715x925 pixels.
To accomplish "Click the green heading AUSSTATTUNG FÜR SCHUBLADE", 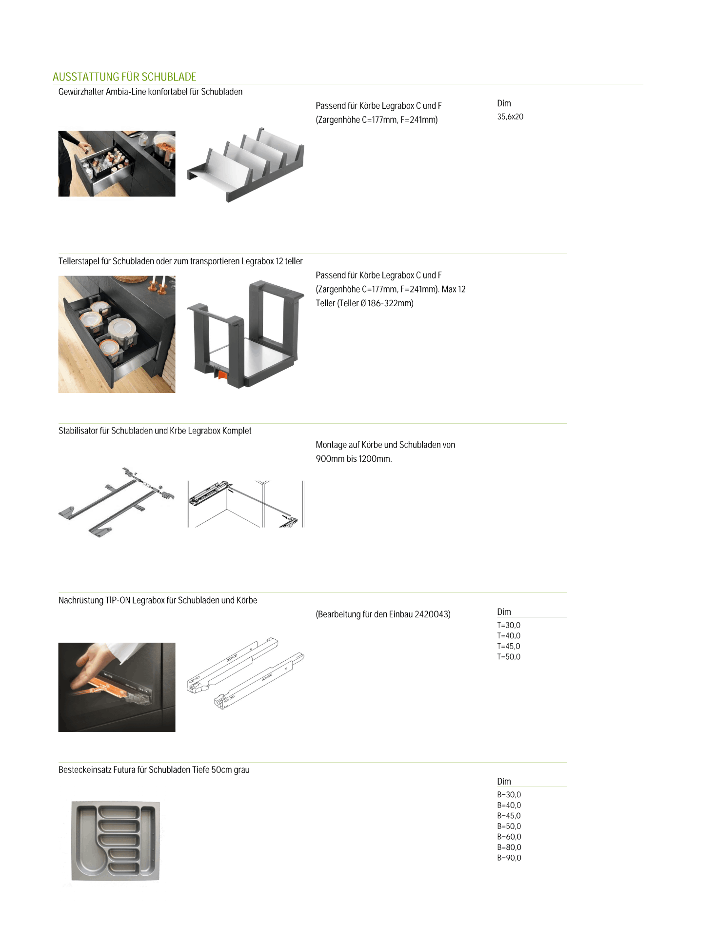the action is [124, 77].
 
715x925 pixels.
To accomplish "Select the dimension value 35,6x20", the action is [510, 117].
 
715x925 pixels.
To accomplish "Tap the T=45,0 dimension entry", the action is [509, 647].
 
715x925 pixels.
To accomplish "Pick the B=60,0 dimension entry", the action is [509, 837].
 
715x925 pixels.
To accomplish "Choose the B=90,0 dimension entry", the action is [509, 858].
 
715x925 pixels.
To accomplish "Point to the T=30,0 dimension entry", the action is [509, 625].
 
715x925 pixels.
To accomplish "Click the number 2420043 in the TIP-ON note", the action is [432, 614].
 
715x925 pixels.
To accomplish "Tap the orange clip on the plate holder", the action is [222, 374].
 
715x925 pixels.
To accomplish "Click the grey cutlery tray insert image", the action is [116, 841].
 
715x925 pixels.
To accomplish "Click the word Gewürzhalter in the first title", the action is [81, 92].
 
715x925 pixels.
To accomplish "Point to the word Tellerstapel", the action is [79, 261].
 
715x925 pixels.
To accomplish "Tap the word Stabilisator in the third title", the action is [78, 431].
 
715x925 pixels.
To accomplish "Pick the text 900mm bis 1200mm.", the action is [354, 459].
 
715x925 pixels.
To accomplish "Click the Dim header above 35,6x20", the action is [504, 103].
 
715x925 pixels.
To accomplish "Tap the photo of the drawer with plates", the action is [117, 335].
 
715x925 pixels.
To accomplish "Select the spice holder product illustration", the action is [245, 165].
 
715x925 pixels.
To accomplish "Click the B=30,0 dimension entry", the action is [509, 795].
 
